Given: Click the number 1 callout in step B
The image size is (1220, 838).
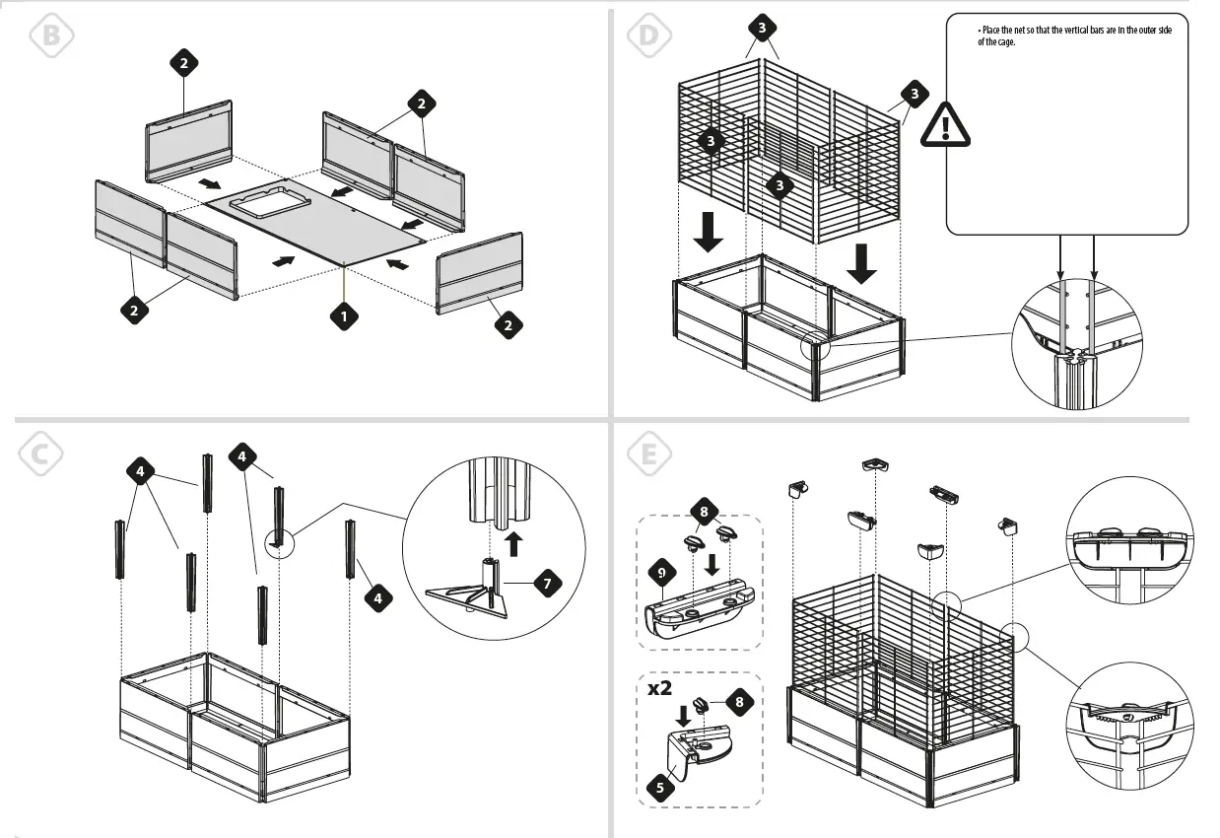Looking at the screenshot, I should point(343,316).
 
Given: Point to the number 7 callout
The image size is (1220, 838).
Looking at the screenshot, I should point(547,582).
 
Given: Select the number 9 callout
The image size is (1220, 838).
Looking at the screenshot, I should point(662,571).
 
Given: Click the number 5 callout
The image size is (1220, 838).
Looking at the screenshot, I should point(660,787).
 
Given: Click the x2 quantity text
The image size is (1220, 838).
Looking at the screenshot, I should point(661,687).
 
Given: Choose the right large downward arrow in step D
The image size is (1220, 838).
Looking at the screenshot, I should point(862,263).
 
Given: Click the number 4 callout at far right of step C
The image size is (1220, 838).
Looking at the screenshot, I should point(376,597).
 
